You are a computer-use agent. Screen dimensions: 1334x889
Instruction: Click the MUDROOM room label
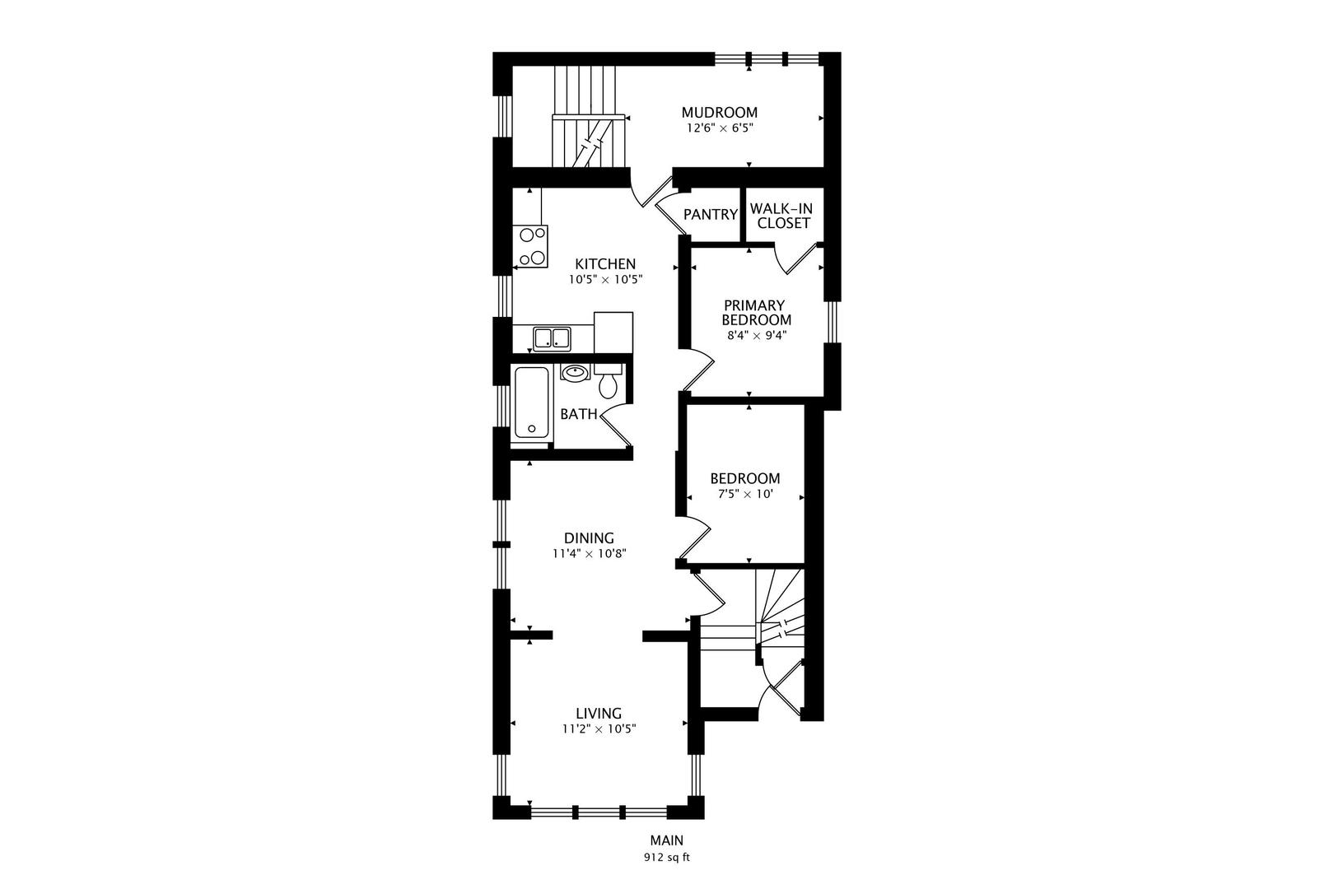[x=720, y=112]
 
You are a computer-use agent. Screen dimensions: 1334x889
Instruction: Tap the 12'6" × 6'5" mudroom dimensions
[x=720, y=128]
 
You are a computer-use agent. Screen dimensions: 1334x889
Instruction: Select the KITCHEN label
[x=605, y=263]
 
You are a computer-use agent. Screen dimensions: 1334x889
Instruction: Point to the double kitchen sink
[x=552, y=339]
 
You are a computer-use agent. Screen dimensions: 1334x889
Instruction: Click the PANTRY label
[x=711, y=214]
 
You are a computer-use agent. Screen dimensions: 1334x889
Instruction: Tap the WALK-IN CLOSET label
[x=781, y=216]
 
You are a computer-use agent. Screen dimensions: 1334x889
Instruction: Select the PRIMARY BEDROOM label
[x=756, y=313]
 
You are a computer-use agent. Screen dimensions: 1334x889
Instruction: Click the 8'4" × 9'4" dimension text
[x=757, y=335]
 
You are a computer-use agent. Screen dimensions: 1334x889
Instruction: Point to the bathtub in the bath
[x=532, y=403]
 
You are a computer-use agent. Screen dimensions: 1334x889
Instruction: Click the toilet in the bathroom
[x=608, y=381]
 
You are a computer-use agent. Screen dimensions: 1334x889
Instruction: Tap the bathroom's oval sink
[x=576, y=373]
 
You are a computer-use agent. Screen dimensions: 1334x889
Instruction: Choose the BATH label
[x=579, y=414]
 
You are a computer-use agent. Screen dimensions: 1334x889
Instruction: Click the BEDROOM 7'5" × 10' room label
[x=745, y=478]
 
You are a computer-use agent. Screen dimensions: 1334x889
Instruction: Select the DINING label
[x=589, y=538]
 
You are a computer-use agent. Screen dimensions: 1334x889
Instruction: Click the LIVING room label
[x=599, y=714]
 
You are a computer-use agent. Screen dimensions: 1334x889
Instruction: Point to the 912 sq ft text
[x=666, y=858]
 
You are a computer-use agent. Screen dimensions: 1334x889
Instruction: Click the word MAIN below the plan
[x=666, y=840]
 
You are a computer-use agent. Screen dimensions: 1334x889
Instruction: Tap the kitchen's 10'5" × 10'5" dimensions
[x=605, y=279]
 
